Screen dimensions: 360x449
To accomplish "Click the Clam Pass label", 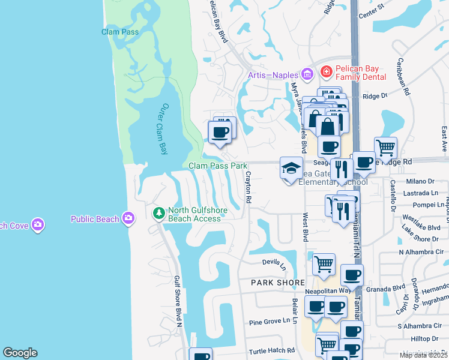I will (120, 32).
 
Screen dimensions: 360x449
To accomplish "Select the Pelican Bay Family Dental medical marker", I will (326, 73).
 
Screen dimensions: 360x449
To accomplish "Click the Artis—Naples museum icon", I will (307, 75).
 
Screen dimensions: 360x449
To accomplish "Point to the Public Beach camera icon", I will (128, 218).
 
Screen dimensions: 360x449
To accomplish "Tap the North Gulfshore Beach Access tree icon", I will (158, 213).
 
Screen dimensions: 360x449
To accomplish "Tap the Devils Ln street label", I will (276, 262).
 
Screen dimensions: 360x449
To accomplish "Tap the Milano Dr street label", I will (420, 181).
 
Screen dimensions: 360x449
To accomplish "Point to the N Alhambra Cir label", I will (420, 252).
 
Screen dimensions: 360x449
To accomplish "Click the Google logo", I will (20, 353).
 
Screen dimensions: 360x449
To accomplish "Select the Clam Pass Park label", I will (218, 166).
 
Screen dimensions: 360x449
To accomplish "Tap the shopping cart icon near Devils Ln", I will (324, 264).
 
